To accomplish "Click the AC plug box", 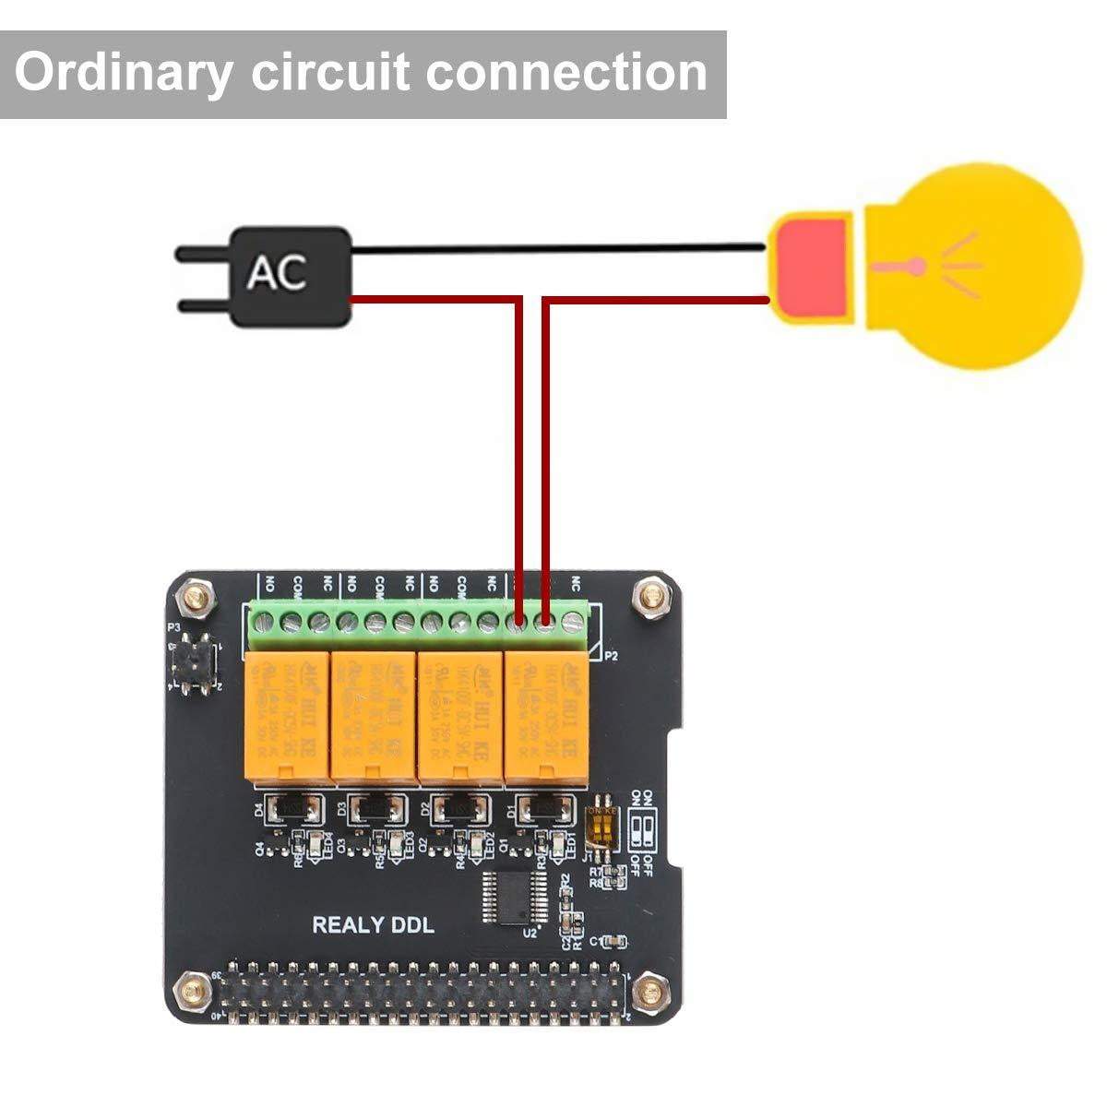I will (290, 276).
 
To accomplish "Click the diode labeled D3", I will (375, 810).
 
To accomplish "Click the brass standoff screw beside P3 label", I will (196, 598).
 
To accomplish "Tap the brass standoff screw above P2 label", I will (653, 597).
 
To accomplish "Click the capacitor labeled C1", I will (613, 940).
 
